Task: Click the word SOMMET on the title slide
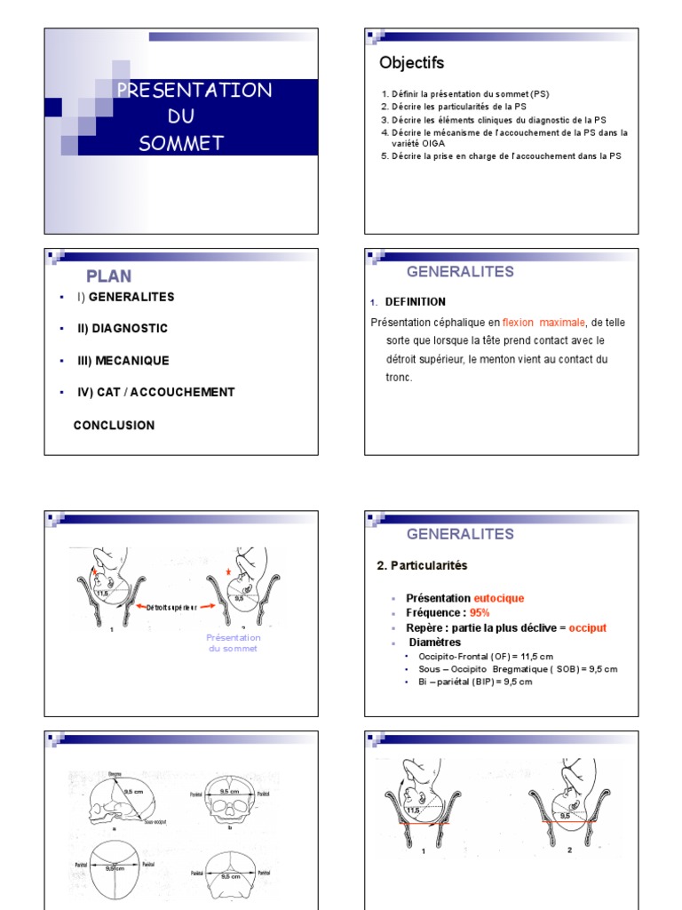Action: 181,143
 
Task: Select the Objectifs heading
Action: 411,63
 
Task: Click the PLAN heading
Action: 108,276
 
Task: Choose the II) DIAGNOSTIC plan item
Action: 123,329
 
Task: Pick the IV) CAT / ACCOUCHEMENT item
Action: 155,392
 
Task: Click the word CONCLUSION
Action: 114,426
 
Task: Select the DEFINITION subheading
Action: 415,302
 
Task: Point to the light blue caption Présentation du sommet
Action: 234,643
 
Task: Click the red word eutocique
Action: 498,599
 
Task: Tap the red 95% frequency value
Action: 480,613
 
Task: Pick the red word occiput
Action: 587,628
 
